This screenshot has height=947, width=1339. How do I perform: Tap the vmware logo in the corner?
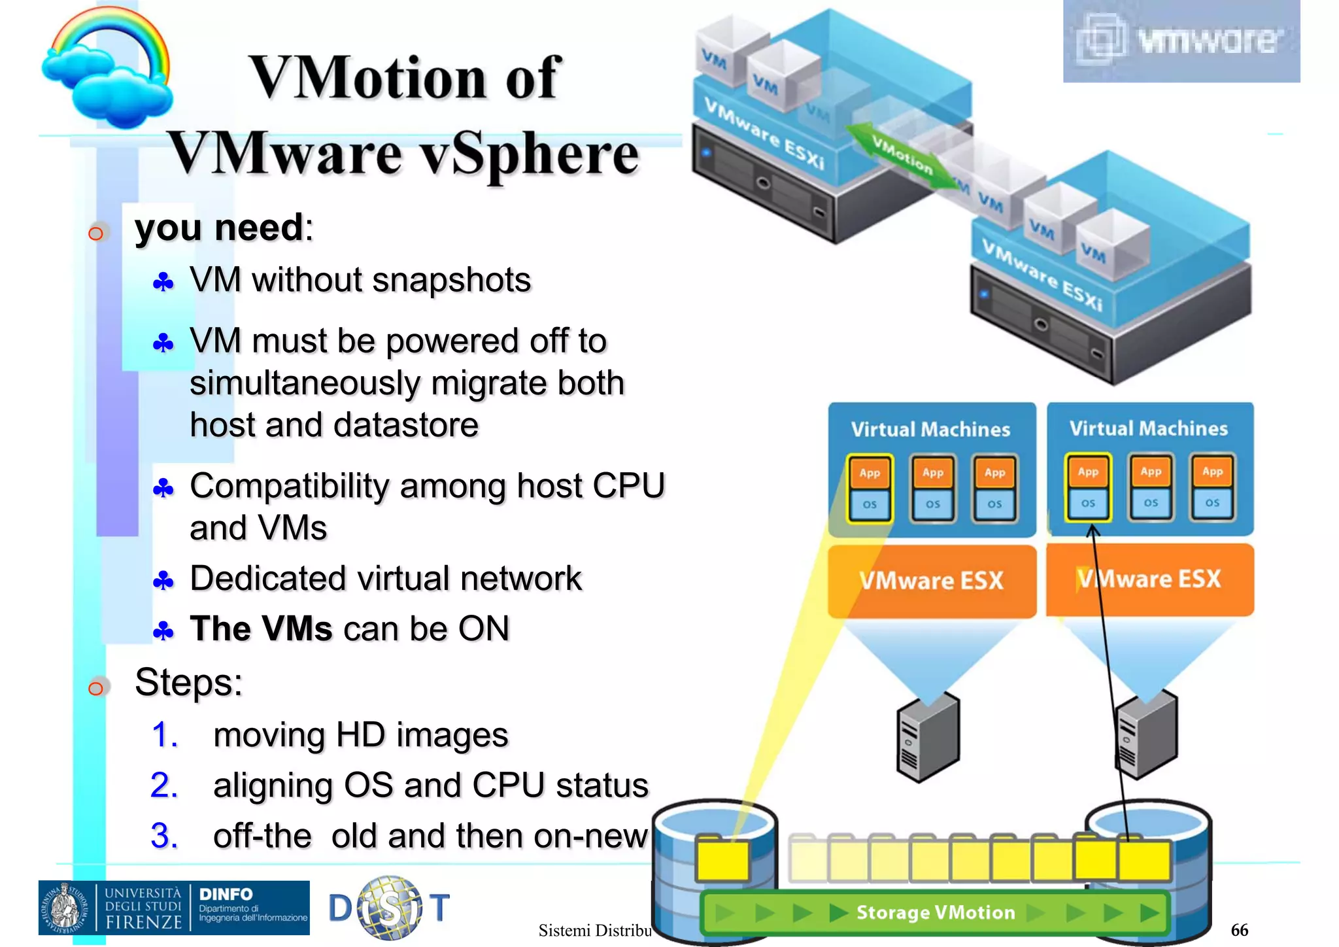tap(1181, 41)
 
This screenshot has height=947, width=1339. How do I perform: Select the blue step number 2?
tap(163, 785)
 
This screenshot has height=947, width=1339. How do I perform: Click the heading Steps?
tap(188, 683)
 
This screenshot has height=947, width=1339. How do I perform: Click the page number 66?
tap(1239, 930)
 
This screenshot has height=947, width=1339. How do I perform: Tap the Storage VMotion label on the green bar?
tap(935, 912)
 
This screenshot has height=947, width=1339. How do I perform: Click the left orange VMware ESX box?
tap(932, 581)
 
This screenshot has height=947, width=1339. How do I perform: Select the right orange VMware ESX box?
tap(1149, 579)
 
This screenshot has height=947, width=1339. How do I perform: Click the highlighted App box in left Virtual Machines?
tap(870, 473)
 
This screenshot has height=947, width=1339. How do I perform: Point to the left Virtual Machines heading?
tap(930, 430)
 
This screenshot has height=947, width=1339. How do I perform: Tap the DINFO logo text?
tap(226, 894)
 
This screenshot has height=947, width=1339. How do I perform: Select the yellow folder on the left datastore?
tap(722, 859)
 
